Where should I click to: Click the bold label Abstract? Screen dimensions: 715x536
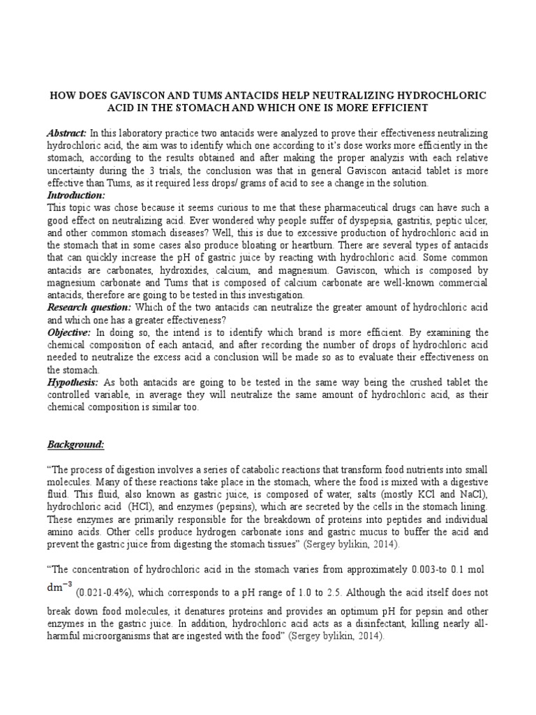67,133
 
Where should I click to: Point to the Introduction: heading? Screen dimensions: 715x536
75,196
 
